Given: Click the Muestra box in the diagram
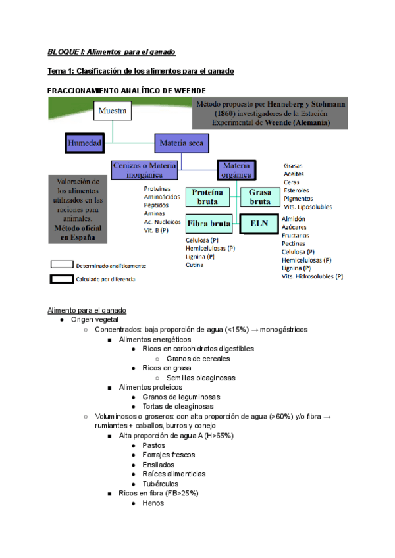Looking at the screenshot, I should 113,111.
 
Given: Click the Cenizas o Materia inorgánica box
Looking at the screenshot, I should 144,170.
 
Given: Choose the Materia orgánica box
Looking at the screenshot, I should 236,170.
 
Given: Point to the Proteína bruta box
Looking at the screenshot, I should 207,197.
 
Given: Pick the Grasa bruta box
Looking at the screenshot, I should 259,197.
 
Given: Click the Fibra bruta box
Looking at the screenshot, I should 209,224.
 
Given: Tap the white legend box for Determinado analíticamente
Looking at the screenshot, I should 70,265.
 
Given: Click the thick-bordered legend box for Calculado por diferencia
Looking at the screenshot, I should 70,279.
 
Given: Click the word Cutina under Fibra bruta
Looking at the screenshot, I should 194,265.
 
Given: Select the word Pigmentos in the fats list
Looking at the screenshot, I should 298,198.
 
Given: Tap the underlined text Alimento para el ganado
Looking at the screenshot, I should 87,310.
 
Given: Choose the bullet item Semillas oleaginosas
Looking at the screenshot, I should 201,378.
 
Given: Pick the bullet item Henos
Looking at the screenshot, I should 153,503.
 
